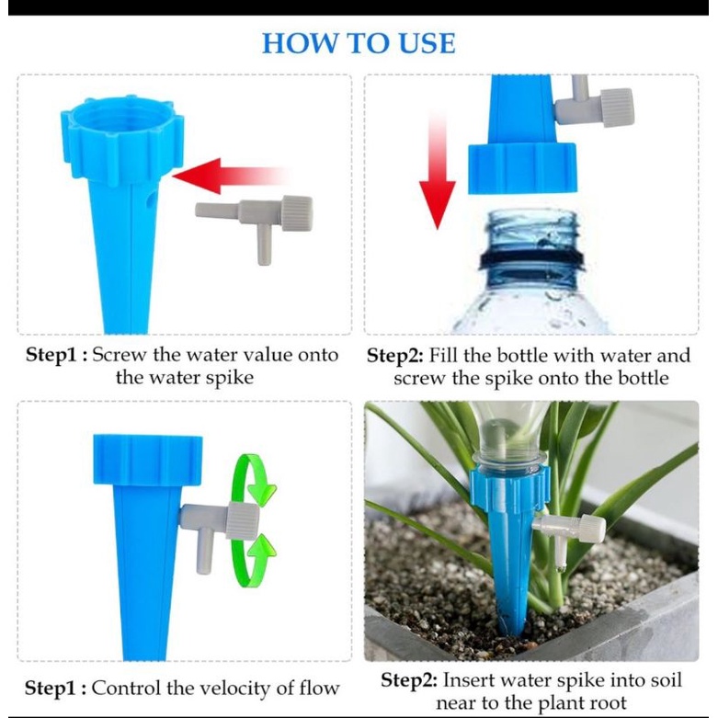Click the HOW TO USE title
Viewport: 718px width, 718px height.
pos(359,42)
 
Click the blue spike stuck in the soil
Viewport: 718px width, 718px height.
pos(507,570)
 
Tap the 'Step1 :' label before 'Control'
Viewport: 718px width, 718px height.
pos(55,688)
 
